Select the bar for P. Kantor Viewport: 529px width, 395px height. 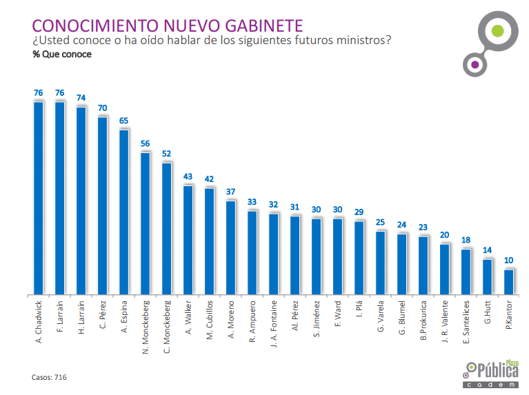pos(509,281)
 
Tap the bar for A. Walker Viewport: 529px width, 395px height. pos(188,240)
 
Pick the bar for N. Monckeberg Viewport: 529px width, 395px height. pos(146,223)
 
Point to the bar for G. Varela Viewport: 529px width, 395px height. pos(381,263)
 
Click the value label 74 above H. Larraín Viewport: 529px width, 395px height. pos(81,98)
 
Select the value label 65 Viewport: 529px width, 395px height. pos(124,121)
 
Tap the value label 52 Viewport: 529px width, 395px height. pos(167,154)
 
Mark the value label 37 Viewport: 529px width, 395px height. pos(231,192)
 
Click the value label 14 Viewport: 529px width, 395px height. pos(488,250)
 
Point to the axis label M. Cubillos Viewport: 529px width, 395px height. pos(210,323)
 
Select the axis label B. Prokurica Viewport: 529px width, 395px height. pos(423,322)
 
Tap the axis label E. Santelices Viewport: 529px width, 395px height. pos(466,323)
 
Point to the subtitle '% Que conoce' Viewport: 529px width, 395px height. pos(61,54)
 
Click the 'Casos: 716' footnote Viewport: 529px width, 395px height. pos(50,377)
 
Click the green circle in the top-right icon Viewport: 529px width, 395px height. pos(496,31)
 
